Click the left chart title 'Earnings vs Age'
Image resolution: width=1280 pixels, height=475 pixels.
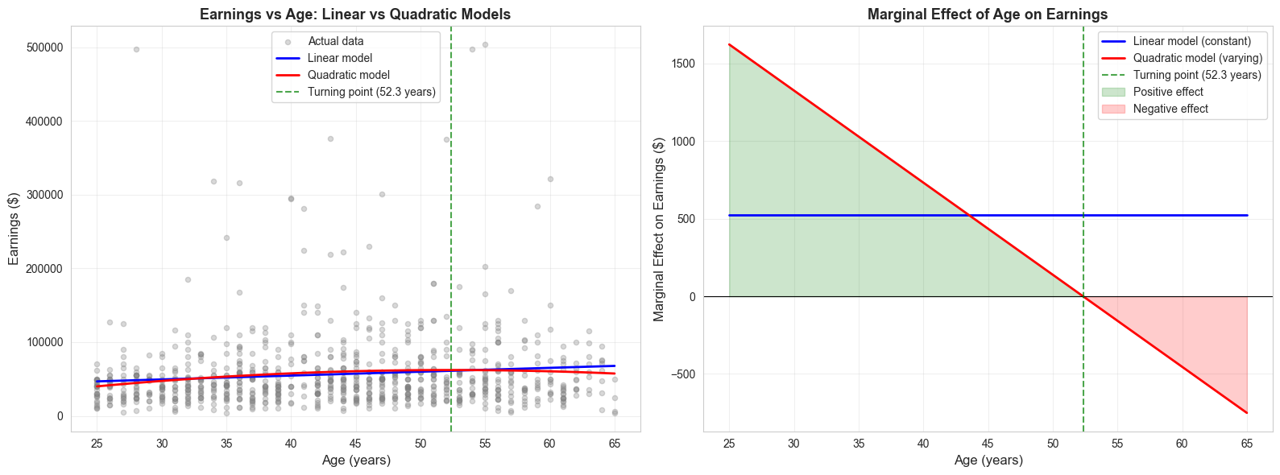(x=354, y=14)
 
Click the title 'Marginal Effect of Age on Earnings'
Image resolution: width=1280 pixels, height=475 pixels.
(x=987, y=14)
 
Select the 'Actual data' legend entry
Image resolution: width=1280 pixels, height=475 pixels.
(x=335, y=41)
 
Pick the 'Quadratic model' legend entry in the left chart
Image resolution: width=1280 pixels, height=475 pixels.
(x=349, y=75)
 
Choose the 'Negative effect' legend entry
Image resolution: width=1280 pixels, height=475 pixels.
(x=1170, y=109)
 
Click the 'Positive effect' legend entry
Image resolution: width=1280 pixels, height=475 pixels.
(x=1168, y=92)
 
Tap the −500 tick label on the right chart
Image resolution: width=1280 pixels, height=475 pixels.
(x=679, y=374)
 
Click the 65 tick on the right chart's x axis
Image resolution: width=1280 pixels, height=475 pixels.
(x=1246, y=444)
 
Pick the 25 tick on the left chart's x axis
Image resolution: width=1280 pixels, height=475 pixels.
(x=97, y=444)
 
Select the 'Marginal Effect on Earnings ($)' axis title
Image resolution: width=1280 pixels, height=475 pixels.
(x=660, y=229)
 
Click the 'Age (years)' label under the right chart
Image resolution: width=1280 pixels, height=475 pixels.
(x=988, y=461)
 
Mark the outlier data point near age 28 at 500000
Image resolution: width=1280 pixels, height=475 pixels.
(x=136, y=49)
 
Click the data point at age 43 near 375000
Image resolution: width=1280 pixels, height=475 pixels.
(x=330, y=138)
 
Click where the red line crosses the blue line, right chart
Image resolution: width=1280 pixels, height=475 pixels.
(x=970, y=216)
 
